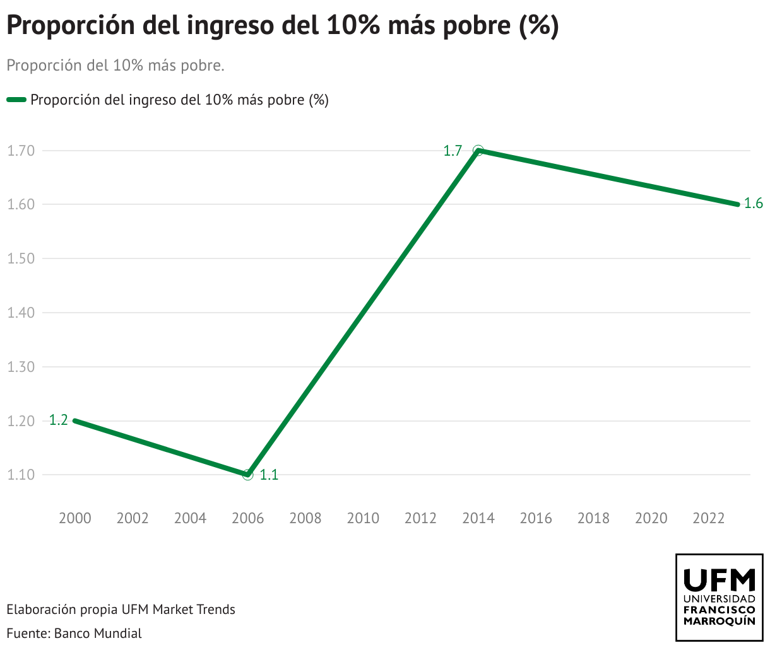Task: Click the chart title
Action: click(x=282, y=26)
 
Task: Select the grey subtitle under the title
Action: click(x=115, y=66)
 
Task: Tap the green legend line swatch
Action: click(x=16, y=100)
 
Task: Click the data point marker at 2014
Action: click(x=478, y=151)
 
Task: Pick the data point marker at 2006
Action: click(x=248, y=475)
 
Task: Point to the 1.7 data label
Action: click(x=453, y=151)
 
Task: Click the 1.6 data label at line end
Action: click(x=753, y=204)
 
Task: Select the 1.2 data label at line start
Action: click(x=59, y=420)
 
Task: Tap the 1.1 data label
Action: click(x=269, y=475)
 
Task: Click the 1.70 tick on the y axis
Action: click(x=20, y=151)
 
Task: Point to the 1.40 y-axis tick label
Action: click(x=20, y=313)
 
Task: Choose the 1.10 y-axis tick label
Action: click(x=20, y=475)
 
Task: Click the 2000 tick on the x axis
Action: click(x=75, y=518)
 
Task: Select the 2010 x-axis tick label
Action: click(x=363, y=518)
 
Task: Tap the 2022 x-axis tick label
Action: click(x=709, y=518)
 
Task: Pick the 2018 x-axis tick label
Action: click(x=593, y=518)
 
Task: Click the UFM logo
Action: click(x=719, y=598)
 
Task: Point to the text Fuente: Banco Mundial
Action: click(x=74, y=633)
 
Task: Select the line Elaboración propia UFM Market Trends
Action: click(x=121, y=610)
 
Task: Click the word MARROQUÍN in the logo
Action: click(x=719, y=621)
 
